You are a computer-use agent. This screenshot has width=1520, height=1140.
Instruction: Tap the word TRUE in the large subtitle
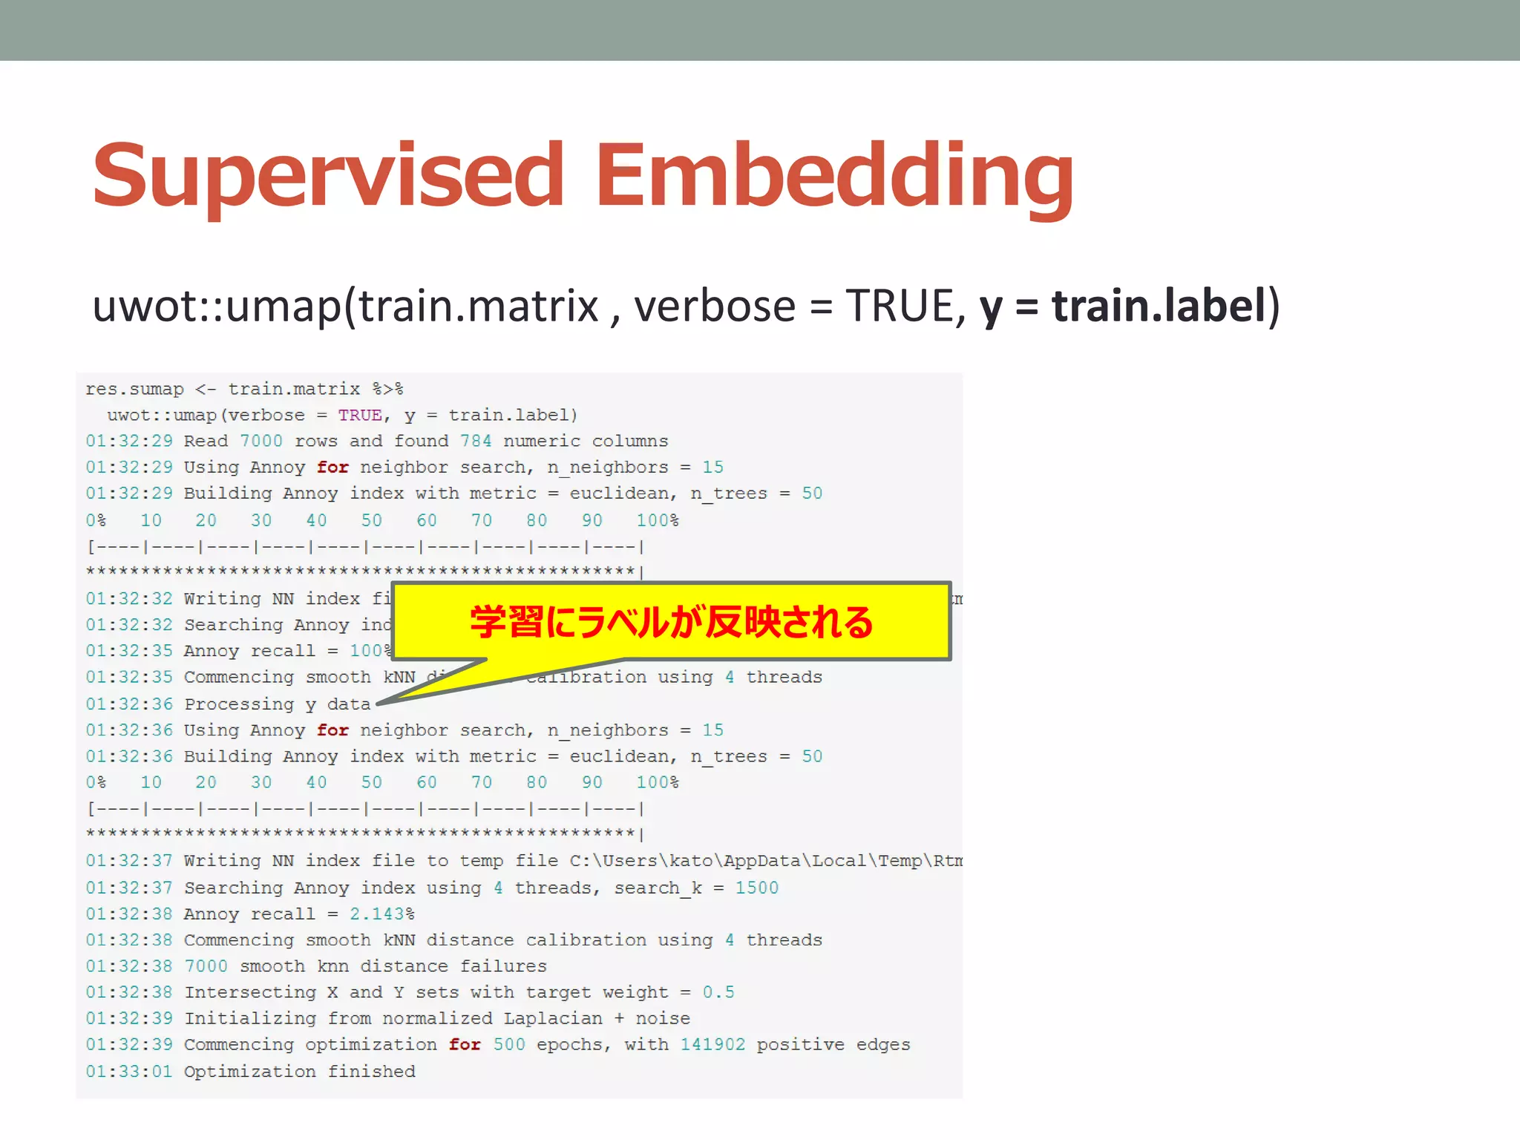900,306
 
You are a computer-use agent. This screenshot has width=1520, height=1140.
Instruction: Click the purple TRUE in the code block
360,415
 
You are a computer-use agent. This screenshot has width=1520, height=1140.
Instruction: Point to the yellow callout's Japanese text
672,622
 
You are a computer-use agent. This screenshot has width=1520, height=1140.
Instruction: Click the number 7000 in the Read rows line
261,441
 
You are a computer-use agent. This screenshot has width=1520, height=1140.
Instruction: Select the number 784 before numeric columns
476,441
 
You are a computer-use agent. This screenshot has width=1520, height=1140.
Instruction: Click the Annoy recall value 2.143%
382,914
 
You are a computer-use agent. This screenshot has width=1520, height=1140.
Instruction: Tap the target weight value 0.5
718,992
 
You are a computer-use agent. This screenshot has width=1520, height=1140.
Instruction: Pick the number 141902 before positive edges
712,1044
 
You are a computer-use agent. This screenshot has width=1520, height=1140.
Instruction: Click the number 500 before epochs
509,1044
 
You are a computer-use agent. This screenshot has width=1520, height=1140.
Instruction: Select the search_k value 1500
757,888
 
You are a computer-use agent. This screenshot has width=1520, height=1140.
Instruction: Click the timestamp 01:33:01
129,1071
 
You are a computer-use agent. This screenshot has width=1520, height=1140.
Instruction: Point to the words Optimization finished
300,1071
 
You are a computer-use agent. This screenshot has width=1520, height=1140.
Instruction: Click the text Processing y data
277,704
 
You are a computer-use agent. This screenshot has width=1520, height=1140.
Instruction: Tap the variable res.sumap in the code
134,389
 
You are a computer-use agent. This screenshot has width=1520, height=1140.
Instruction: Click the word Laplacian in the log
553,1018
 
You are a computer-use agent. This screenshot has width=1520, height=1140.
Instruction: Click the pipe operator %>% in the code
387,389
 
